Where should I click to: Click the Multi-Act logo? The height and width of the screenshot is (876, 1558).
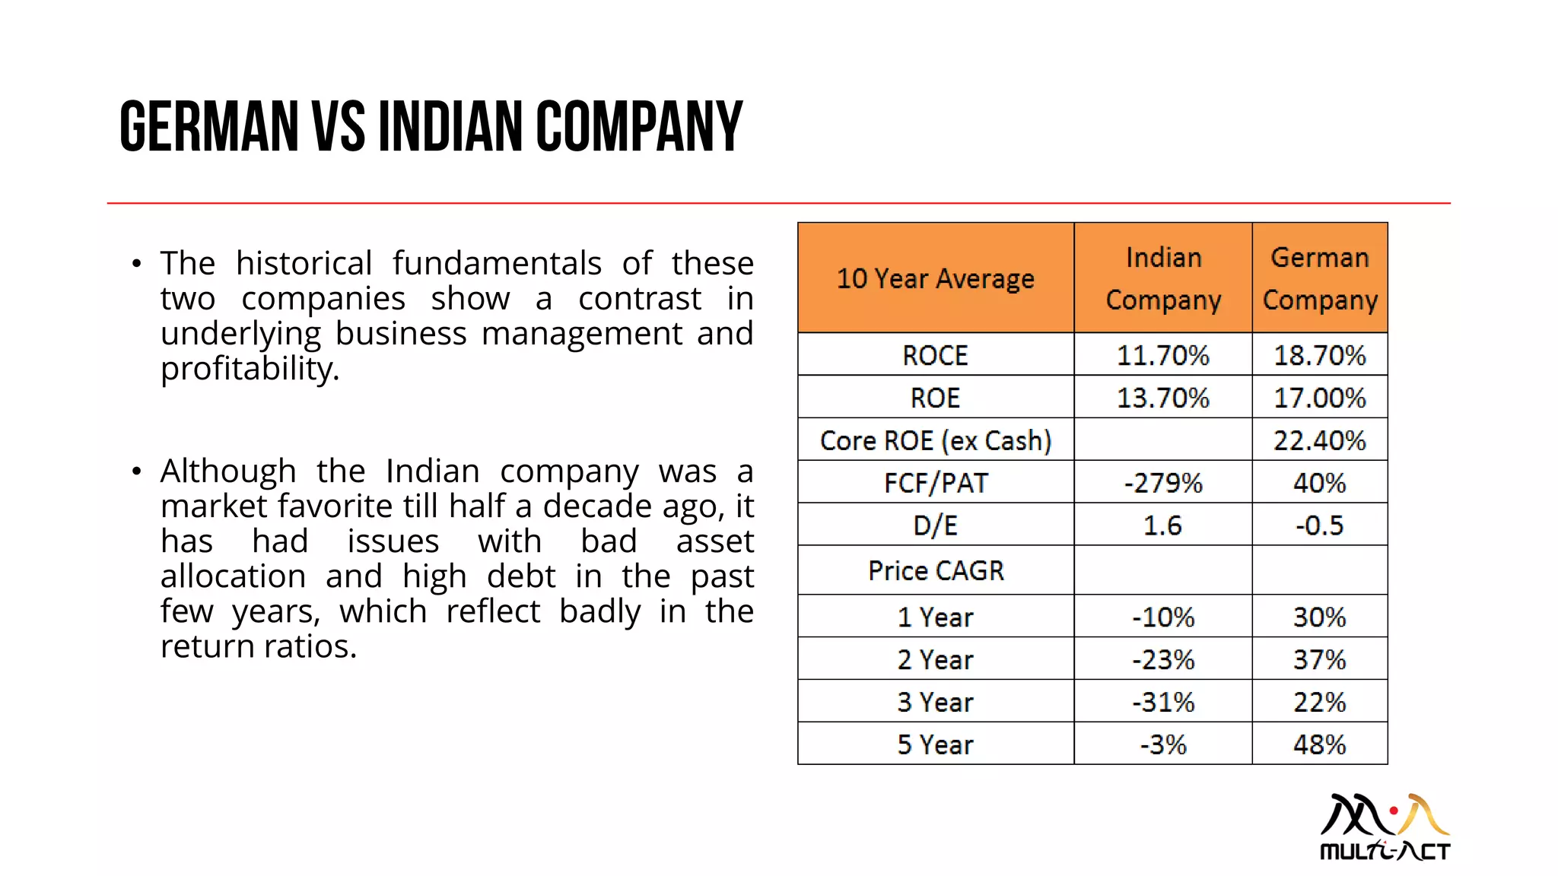(1385, 827)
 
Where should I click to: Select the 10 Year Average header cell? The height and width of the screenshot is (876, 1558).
(935, 278)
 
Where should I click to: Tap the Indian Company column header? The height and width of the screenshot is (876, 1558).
(1162, 278)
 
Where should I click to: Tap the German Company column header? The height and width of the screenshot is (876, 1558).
(1320, 278)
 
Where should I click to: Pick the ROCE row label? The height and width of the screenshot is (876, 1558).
(935, 355)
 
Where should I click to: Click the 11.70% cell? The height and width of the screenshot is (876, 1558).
(1162, 355)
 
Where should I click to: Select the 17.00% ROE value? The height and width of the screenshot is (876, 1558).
(1320, 398)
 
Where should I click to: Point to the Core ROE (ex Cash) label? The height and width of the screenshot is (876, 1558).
(935, 440)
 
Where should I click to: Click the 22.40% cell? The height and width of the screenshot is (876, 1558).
(1320, 440)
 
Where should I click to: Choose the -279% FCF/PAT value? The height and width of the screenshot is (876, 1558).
(1162, 483)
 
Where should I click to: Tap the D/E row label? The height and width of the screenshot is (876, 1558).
(935, 525)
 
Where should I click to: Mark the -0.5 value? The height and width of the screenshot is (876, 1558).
(1320, 525)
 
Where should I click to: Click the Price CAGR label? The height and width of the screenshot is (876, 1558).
(935, 570)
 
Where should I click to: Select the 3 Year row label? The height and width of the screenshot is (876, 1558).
(935, 702)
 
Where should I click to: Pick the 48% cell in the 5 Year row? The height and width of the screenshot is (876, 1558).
(1320, 744)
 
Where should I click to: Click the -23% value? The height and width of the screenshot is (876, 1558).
(1162, 659)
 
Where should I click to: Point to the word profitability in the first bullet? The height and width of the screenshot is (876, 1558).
(249, 370)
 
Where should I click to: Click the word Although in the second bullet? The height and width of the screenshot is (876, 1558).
(227, 471)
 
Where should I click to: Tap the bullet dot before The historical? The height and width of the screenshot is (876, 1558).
(136, 264)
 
